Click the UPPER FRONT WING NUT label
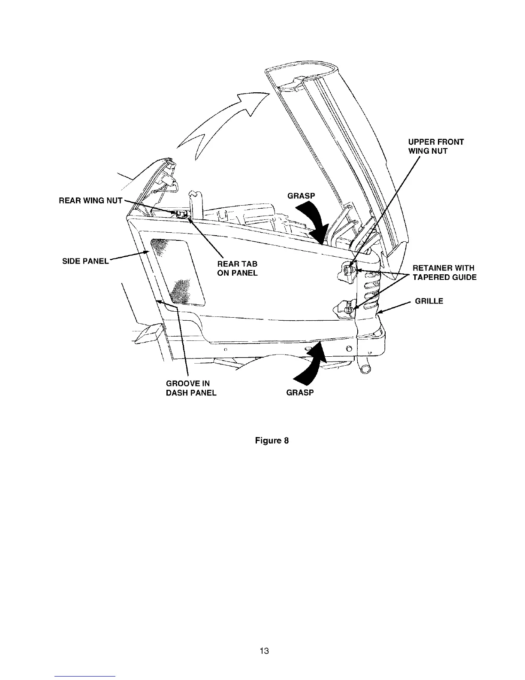pos(436,146)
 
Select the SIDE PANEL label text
pos(86,261)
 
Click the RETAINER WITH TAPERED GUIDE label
pos(444,273)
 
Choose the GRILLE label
pos(429,301)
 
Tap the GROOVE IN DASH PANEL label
pos(191,388)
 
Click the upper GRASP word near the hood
pos(301,196)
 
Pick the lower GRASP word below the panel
pos(300,393)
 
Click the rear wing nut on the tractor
pos(181,213)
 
